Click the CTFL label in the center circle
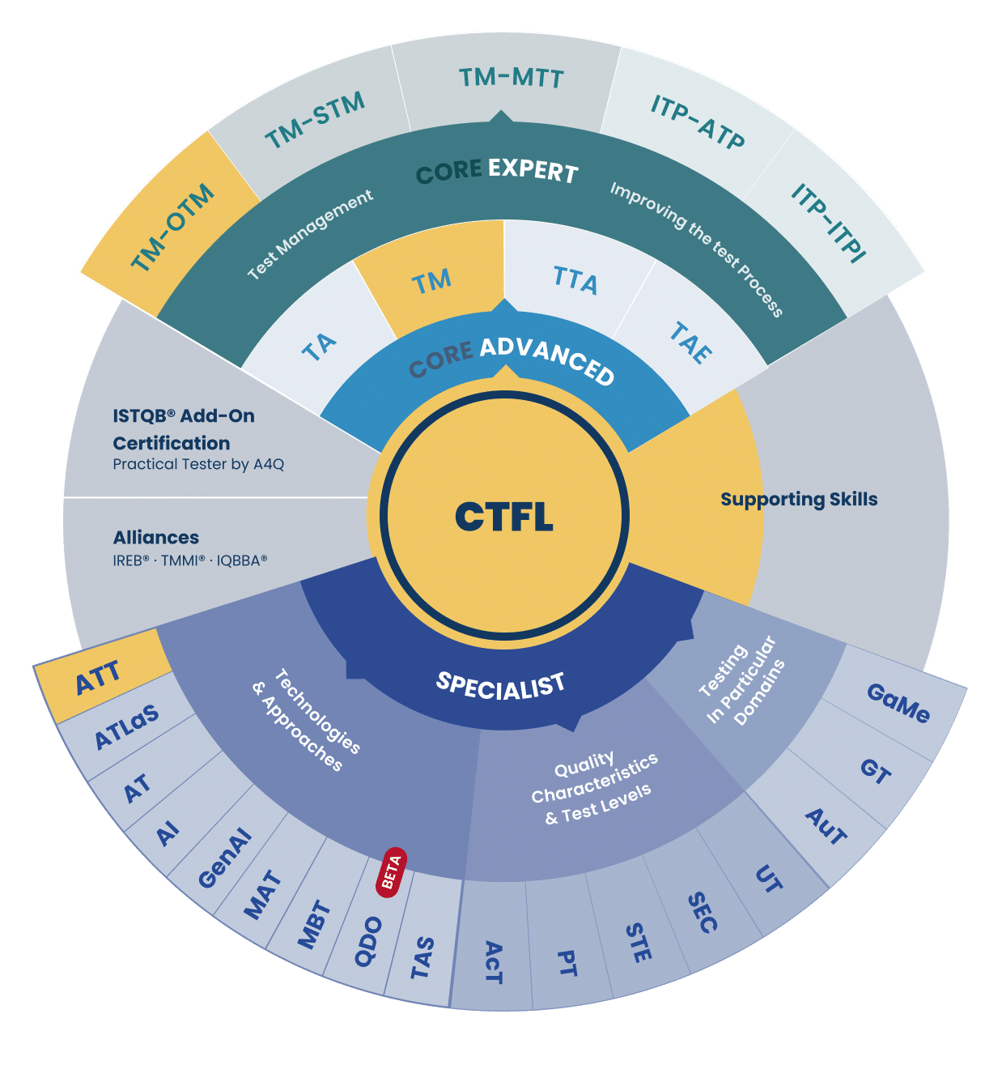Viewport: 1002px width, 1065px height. (503, 516)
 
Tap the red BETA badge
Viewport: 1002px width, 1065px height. (391, 872)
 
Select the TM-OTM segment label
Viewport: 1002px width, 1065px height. (172, 227)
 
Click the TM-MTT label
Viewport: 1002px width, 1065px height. (512, 78)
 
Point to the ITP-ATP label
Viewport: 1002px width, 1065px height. (697, 121)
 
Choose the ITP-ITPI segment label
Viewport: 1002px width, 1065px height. (828, 223)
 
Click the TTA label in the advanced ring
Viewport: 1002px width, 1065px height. (575, 280)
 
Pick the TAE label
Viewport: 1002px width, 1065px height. (691, 343)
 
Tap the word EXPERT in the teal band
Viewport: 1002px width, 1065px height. (533, 171)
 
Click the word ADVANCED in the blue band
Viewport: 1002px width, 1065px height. (547, 361)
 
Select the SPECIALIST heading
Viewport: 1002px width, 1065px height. (500, 686)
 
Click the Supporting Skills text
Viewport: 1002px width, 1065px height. (799, 499)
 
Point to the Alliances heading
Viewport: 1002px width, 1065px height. (156, 537)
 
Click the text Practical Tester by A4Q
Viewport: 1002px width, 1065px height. (198, 464)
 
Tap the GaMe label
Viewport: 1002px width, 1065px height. (898, 703)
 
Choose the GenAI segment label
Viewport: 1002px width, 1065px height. (224, 858)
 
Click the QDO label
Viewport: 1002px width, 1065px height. (368, 942)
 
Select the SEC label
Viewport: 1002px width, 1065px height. (702, 912)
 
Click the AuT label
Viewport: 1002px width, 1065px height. (826, 826)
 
